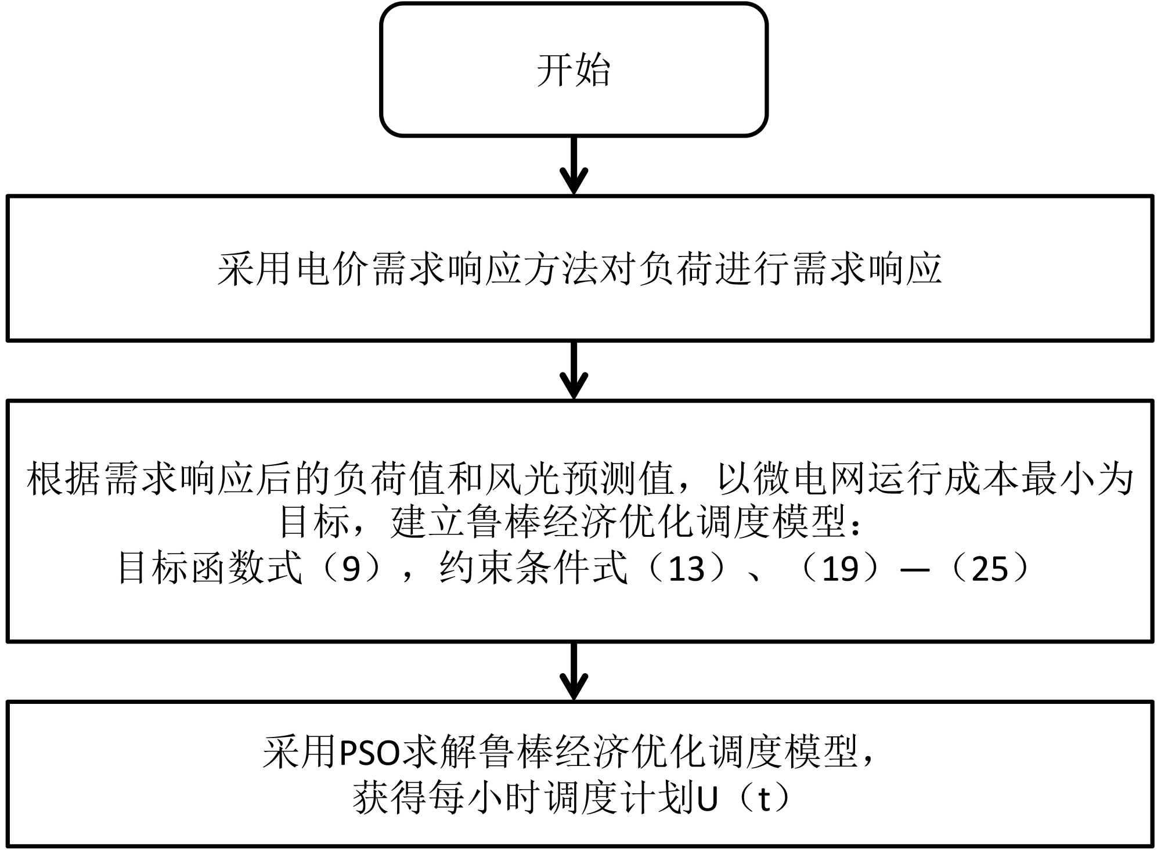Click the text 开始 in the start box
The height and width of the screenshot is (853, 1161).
click(x=574, y=70)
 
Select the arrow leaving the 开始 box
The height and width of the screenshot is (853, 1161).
click(x=574, y=165)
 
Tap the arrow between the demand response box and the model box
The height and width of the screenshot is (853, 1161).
click(x=574, y=370)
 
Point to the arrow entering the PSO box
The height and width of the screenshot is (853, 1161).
click(x=574, y=671)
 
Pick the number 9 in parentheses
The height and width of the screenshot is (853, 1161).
click(x=351, y=568)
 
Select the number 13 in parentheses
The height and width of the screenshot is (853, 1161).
click(x=686, y=568)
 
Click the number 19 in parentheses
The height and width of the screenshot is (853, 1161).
click(x=841, y=568)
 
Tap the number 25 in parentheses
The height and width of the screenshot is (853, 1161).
click(x=990, y=568)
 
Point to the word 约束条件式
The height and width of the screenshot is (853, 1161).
click(x=533, y=568)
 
